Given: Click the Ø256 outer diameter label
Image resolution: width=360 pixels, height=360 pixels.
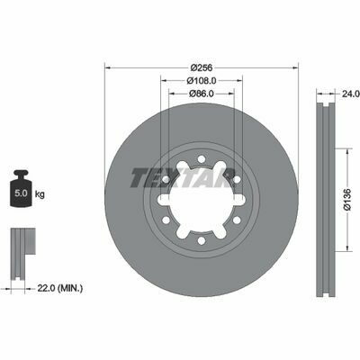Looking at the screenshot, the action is pos(202,67).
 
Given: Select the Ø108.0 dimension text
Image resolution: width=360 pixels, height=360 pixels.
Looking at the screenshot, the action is pos(202,81).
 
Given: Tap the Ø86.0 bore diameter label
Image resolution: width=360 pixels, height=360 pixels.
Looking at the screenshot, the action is pos(202,94).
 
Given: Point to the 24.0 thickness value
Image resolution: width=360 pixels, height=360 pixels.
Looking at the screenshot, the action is pos(351,94).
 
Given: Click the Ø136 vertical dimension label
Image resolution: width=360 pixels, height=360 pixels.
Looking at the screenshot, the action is pos(347,200).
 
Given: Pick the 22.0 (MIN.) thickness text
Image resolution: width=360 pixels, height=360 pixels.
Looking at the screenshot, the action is pos(60,289).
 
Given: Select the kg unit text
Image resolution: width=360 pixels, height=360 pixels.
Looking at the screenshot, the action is pos(40,194).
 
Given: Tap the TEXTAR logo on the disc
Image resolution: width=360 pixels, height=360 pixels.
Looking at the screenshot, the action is pos(182,177).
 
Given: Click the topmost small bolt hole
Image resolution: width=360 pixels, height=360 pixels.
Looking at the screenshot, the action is pos(202,158).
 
